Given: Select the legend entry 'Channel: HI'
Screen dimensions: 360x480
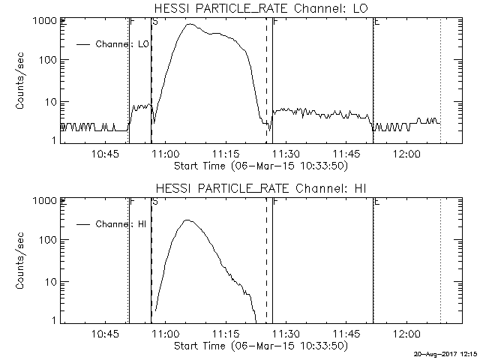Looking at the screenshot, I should pyautogui.click(x=121, y=223).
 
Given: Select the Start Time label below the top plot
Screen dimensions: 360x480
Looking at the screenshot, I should pyautogui.click(x=259, y=165).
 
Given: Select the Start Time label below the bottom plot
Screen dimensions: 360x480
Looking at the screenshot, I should pyautogui.click(x=259, y=345).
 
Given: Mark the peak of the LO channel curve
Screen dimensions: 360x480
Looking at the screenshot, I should pyautogui.click(x=190, y=25).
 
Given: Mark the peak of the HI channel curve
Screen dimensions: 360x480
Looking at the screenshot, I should pyautogui.click(x=187, y=220).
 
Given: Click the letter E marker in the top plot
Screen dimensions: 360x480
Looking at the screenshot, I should pyautogui.click(x=376, y=22).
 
